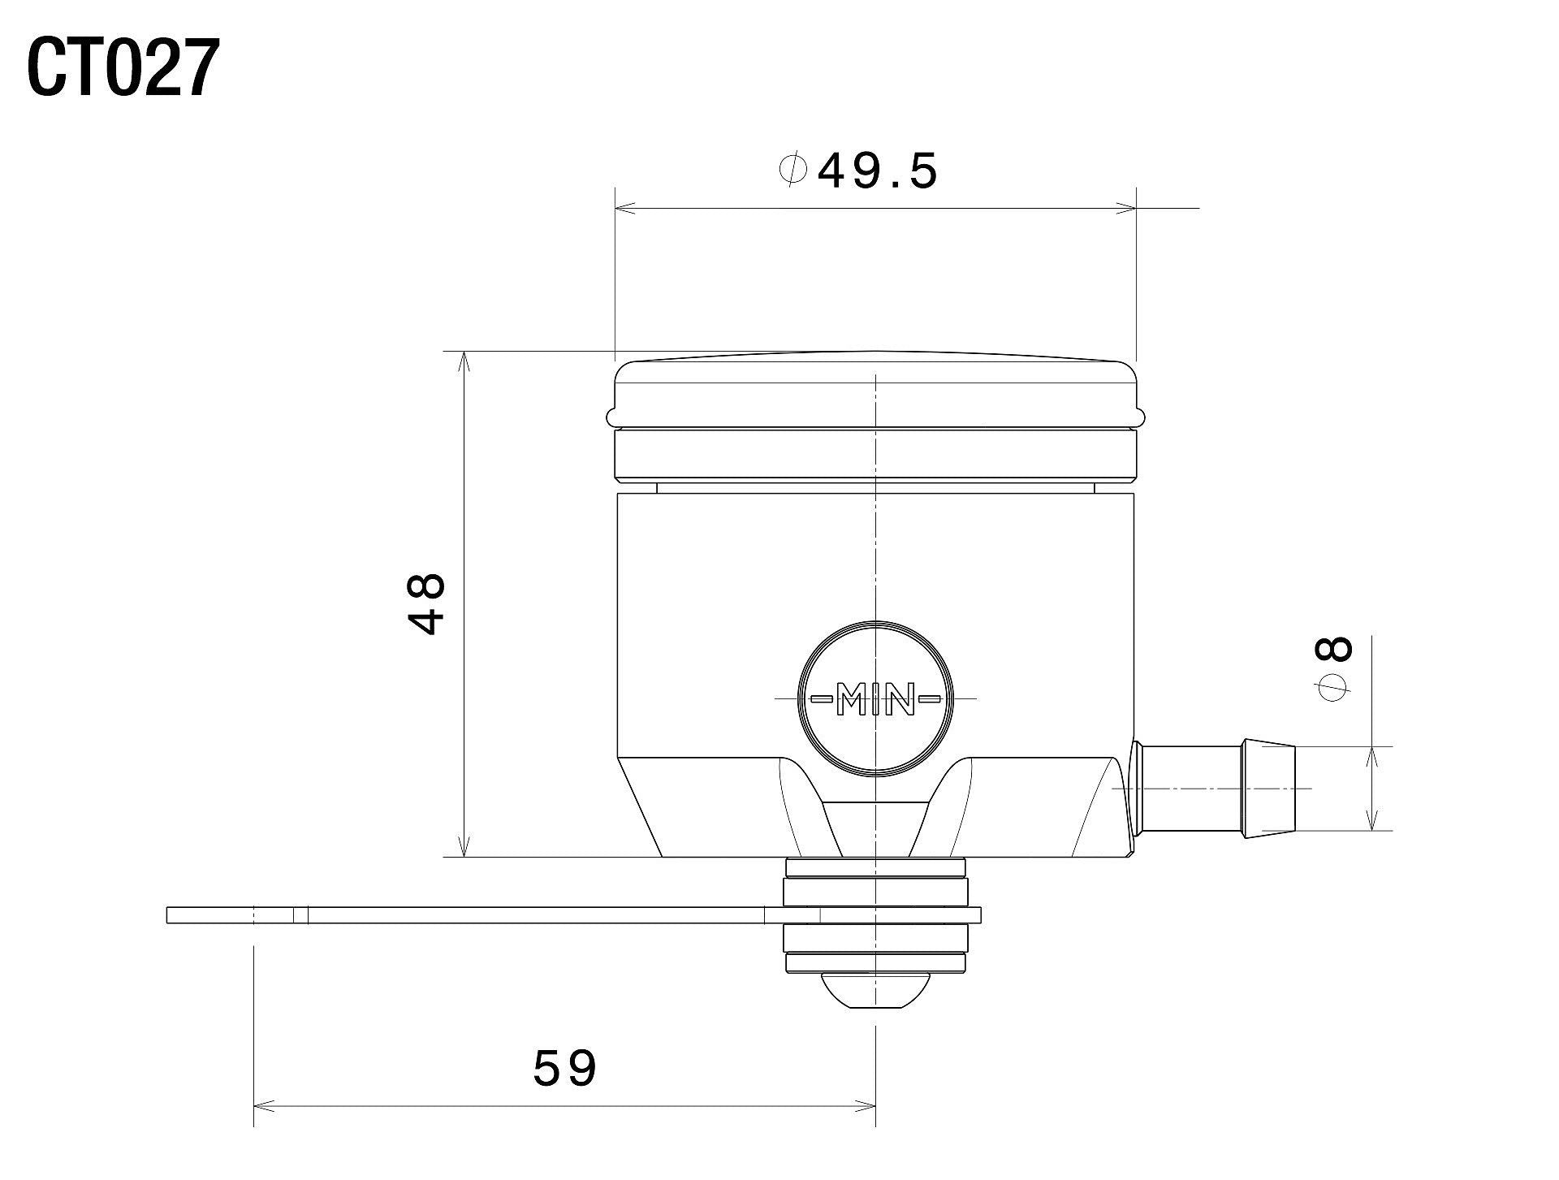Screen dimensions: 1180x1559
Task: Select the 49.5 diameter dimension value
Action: [877, 171]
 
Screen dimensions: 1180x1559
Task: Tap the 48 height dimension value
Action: [427, 603]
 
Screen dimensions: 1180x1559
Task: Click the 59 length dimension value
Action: [565, 1068]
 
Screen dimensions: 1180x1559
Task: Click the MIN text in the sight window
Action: [875, 698]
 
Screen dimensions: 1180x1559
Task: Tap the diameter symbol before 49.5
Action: [792, 171]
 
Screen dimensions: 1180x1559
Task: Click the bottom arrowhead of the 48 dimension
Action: [464, 848]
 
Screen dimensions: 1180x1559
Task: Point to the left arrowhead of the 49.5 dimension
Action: [624, 210]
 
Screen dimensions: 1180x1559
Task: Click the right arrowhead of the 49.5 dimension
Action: [1127, 210]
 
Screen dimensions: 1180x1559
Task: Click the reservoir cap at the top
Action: [875, 390]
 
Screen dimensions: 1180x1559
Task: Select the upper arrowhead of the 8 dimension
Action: [1371, 754]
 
